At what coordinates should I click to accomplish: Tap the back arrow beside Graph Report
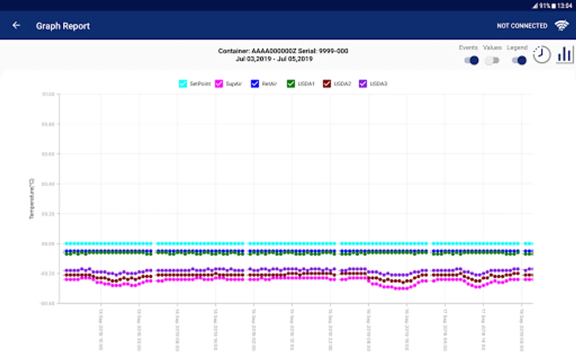(x=16, y=26)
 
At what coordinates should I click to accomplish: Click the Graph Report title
(x=63, y=26)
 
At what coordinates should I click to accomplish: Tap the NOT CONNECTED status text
(x=522, y=26)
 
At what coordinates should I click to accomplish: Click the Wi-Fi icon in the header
(x=562, y=26)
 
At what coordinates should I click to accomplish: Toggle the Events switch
(x=471, y=60)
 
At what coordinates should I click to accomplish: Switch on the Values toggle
(x=492, y=60)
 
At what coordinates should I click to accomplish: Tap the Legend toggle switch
(x=519, y=60)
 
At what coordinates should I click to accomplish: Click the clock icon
(x=542, y=54)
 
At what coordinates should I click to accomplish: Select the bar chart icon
(x=564, y=54)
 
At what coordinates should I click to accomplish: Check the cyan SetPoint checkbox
(x=183, y=84)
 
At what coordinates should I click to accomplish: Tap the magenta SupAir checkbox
(x=219, y=84)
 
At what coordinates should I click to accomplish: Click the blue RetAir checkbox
(x=255, y=84)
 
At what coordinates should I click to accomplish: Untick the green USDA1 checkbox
(x=291, y=84)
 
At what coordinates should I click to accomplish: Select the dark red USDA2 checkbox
(x=327, y=84)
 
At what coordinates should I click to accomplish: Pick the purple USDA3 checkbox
(x=363, y=84)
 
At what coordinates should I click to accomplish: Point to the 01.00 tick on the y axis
(x=48, y=94)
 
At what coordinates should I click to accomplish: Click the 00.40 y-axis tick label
(x=48, y=184)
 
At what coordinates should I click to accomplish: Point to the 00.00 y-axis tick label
(x=48, y=244)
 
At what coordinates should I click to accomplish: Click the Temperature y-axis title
(x=32, y=198)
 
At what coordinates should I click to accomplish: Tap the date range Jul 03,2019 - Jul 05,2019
(x=274, y=59)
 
